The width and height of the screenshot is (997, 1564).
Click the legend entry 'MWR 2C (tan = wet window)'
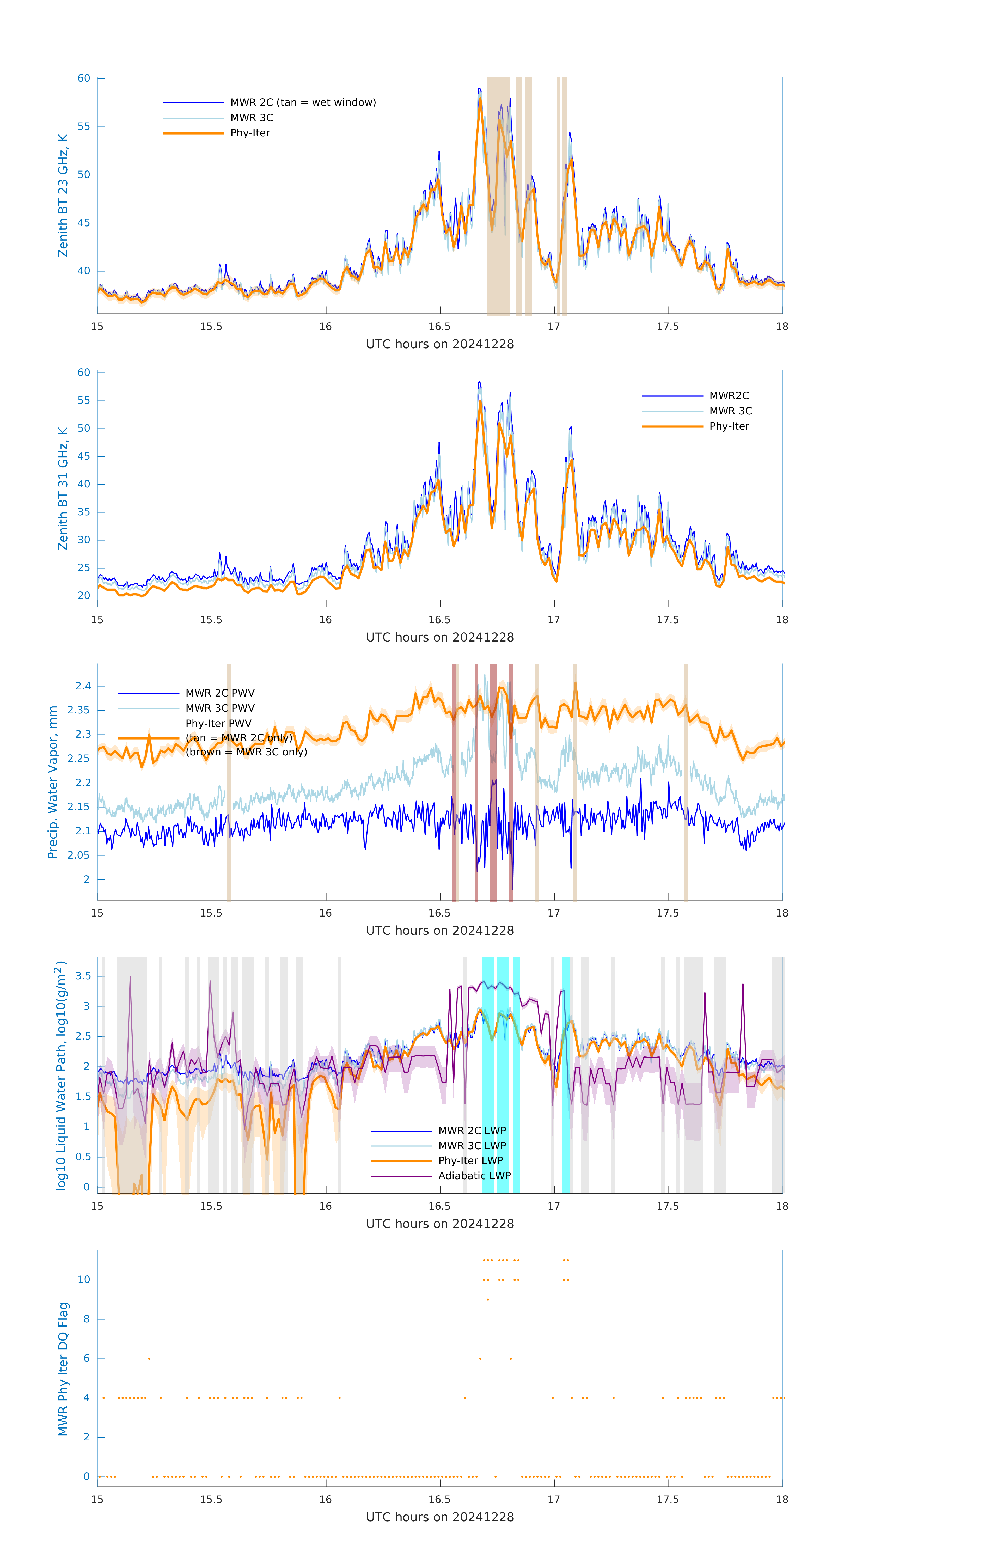303,103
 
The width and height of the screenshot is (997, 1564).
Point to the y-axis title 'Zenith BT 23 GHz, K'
63,195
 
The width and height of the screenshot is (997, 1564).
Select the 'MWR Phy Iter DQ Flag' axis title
63,1369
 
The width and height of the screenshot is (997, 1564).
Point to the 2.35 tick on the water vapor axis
79,710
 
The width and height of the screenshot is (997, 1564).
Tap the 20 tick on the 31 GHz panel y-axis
84,596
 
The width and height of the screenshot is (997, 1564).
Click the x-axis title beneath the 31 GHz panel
440,637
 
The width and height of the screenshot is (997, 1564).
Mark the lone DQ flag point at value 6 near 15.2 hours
149,1358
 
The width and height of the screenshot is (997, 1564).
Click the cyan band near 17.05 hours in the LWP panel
566,1075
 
